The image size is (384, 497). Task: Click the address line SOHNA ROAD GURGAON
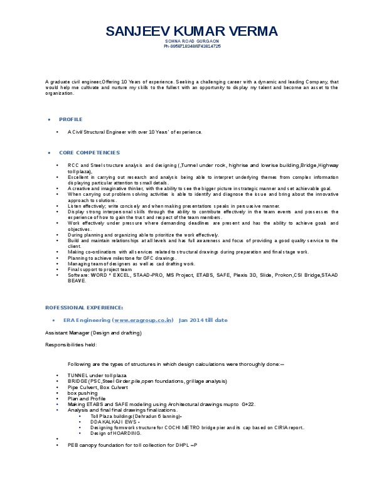click(191, 41)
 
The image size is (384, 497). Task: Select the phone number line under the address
click(191, 46)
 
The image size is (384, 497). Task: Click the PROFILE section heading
click(70, 119)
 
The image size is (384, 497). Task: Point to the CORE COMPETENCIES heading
click(89, 152)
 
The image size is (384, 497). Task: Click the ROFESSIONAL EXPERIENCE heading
click(84, 307)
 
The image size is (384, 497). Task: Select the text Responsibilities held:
click(71, 344)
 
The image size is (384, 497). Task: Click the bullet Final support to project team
click(100, 269)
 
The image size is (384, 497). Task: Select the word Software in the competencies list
click(78, 275)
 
